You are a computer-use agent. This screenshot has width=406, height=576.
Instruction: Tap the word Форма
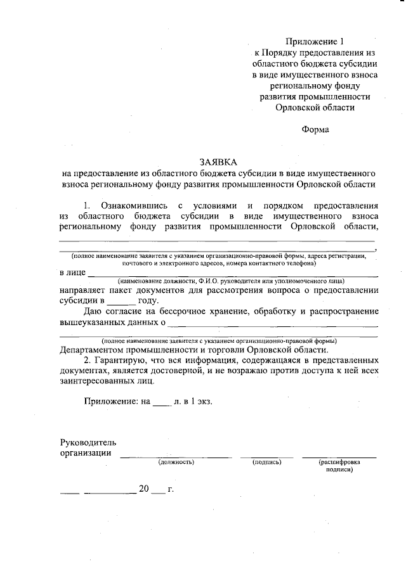click(315, 130)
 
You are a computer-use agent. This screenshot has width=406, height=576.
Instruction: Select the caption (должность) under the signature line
click(176, 463)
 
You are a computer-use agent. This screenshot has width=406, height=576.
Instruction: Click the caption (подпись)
click(266, 463)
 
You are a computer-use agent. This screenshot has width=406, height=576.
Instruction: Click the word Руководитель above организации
click(88, 442)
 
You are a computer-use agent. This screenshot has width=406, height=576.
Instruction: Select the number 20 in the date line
click(143, 490)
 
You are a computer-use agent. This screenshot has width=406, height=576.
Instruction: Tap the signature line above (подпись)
click(266, 456)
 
